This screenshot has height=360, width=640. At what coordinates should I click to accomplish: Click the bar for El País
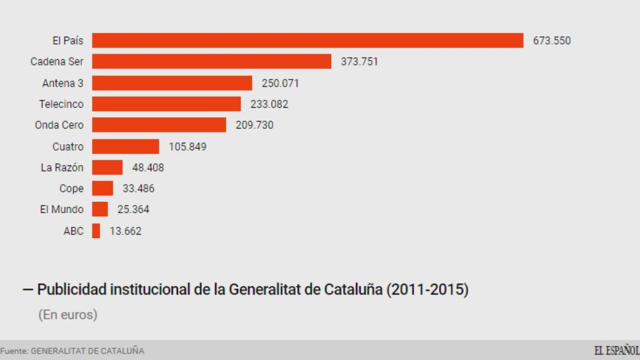[307, 41]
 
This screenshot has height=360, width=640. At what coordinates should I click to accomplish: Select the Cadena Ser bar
[211, 61]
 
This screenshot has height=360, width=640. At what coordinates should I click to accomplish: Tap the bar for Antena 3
[172, 83]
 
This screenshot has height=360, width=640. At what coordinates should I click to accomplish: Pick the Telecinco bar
[166, 104]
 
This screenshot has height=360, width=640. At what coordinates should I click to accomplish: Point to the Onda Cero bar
[159, 125]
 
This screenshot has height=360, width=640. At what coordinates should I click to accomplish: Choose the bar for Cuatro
[126, 146]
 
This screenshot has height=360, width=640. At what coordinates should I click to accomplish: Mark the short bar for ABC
[96, 231]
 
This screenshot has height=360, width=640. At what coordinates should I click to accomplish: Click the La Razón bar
[107, 167]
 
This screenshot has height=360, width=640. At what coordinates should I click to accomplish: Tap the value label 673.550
[552, 41]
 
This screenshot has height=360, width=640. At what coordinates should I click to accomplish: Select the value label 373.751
[359, 61]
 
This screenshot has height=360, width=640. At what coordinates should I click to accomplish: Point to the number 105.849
[187, 147]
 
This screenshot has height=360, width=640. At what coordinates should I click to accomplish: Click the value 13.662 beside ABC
[126, 231]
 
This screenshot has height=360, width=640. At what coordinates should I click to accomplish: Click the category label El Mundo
[61, 210]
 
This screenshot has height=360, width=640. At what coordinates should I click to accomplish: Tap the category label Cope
[71, 189]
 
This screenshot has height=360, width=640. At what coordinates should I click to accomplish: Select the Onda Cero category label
[59, 125]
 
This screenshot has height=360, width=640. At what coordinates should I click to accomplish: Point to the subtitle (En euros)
[67, 315]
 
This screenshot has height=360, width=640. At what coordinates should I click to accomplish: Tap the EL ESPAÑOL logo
[616, 350]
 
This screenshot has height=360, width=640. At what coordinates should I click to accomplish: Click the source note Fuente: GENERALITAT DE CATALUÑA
[72, 351]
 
